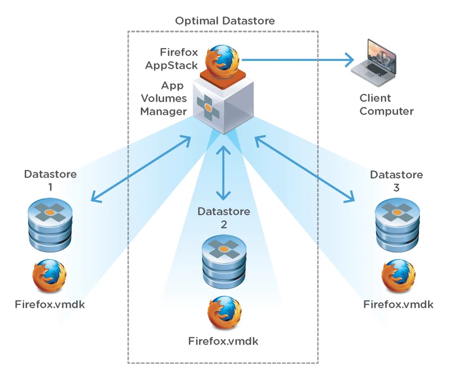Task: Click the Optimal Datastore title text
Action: pyautogui.click(x=225, y=21)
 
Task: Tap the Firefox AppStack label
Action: pyautogui.click(x=172, y=59)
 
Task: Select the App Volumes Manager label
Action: pyautogui.click(x=164, y=98)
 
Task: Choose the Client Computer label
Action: pyautogui.click(x=386, y=105)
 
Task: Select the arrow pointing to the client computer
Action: pyautogui.click(x=296, y=60)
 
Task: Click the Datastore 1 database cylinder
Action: pyautogui.click(x=50, y=225)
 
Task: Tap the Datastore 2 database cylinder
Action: pyautogui.click(x=224, y=262)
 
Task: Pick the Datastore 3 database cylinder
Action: pyautogui.click(x=397, y=225)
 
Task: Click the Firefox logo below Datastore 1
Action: pyautogui.click(x=50, y=276)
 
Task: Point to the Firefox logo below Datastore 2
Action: pyautogui.click(x=224, y=312)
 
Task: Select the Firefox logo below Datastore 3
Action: pyautogui.click(x=398, y=276)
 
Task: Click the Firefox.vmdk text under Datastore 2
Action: pyautogui.click(x=223, y=341)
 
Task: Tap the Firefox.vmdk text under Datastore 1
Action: pyautogui.click(x=50, y=304)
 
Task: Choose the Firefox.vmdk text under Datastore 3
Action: pyautogui.click(x=398, y=304)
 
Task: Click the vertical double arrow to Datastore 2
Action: pyautogui.click(x=223, y=173)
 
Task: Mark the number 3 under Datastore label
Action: pyautogui.click(x=396, y=188)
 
